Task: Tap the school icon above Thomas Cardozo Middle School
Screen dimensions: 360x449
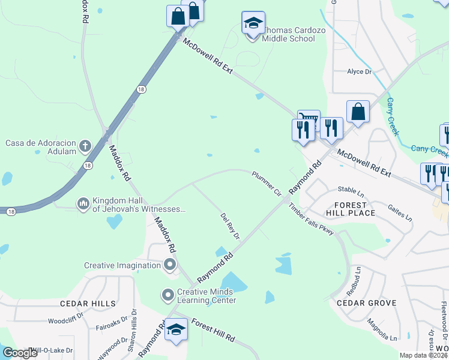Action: pos(253,23)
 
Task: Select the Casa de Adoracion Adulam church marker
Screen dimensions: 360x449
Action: pos(85,146)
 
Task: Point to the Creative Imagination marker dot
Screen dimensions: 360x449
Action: pos(170,265)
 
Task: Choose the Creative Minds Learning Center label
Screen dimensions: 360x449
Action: pos(206,296)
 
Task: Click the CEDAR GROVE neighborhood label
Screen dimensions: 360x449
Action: pos(366,303)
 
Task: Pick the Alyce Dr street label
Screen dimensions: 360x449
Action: pos(360,71)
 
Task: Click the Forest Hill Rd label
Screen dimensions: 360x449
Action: pos(212,331)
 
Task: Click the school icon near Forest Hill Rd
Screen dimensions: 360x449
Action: pos(176,330)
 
